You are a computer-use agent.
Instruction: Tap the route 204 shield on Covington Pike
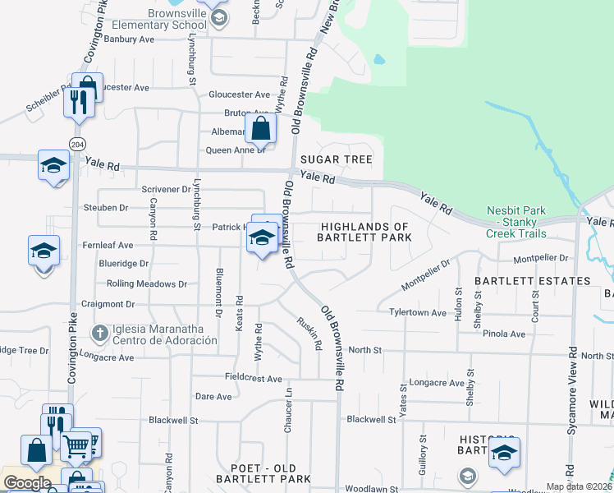[x=77, y=144]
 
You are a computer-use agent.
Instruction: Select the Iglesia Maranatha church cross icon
[x=100, y=333]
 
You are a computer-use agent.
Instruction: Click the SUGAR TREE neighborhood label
[x=337, y=159]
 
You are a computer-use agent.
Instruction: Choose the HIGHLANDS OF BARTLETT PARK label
[x=364, y=232]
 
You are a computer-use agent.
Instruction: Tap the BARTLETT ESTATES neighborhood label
[x=533, y=281]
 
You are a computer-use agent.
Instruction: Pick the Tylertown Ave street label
[x=418, y=313]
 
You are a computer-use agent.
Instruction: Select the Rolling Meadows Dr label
[x=147, y=284]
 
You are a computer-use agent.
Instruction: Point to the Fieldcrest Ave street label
[x=254, y=378]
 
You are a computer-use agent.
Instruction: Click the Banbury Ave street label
[x=130, y=39]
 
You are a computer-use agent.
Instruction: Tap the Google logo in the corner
[x=27, y=483]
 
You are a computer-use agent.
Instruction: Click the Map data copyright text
[x=578, y=486]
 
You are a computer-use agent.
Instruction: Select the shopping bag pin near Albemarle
[x=260, y=129]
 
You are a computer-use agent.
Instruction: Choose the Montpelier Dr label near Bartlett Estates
[x=540, y=258]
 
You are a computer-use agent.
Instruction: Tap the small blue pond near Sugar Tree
[x=378, y=60]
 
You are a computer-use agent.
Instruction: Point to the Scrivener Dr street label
[x=166, y=189]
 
